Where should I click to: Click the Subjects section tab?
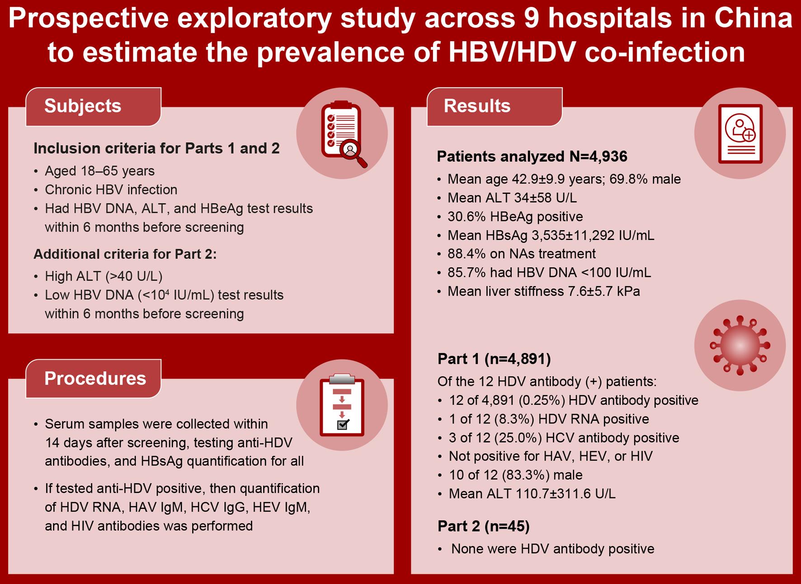click(93, 107)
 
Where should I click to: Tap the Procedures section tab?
click(93, 379)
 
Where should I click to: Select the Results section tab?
click(495, 107)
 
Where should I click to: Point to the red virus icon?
click(740, 345)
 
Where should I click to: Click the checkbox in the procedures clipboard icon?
click(343, 424)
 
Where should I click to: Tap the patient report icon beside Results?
click(740, 134)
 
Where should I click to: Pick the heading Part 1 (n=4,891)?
click(494, 359)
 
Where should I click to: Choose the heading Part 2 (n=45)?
click(484, 526)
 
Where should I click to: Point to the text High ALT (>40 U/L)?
click(104, 276)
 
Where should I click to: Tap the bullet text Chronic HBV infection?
click(111, 190)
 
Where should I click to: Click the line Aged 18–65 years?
click(99, 171)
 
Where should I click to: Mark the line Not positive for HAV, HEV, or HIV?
click(551, 456)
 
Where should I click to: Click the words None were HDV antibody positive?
click(553, 549)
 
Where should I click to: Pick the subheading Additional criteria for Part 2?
click(125, 254)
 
